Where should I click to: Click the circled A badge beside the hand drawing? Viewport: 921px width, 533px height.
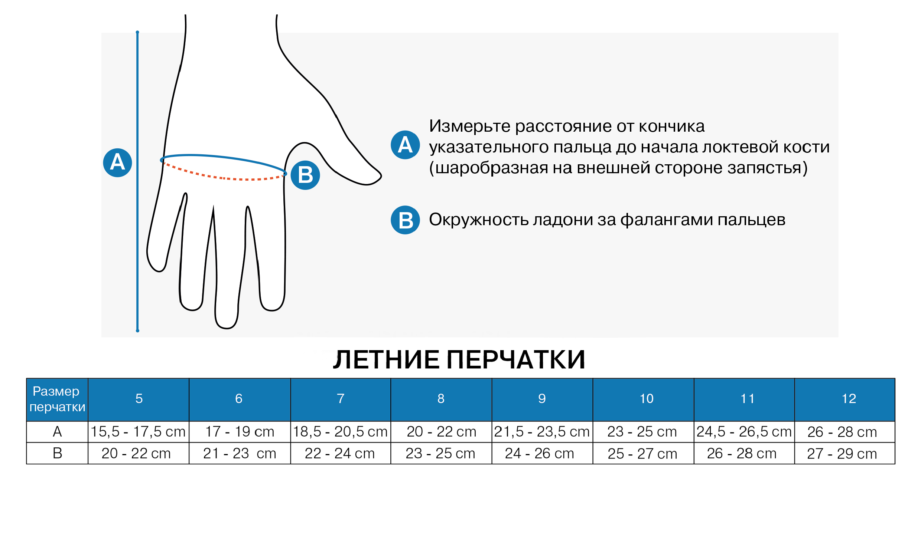tap(117, 162)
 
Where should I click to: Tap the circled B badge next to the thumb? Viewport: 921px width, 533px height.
tap(305, 175)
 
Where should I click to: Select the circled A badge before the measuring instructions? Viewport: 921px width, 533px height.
tap(405, 145)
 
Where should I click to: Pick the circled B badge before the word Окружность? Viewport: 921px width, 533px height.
tap(405, 220)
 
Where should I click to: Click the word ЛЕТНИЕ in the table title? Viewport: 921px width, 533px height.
tap(386, 360)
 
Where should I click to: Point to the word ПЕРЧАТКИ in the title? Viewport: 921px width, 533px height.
tap(516, 360)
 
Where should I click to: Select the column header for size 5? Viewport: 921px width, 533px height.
tap(139, 399)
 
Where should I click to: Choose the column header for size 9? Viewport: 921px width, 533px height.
tap(542, 399)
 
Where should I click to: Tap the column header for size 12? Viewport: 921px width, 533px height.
tap(845, 399)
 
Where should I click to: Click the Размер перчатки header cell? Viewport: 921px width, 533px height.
tap(57, 399)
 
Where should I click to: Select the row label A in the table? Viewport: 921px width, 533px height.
tap(57, 432)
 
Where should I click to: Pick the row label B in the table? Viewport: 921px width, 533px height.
tap(57, 453)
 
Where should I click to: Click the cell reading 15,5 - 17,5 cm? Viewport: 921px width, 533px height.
tap(139, 432)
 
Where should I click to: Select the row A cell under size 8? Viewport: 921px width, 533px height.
tap(441, 432)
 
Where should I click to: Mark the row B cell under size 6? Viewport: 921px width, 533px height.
tap(240, 453)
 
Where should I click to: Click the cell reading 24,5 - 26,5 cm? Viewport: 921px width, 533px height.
tap(744, 432)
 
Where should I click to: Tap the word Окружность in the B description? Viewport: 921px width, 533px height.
tap(479, 220)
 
